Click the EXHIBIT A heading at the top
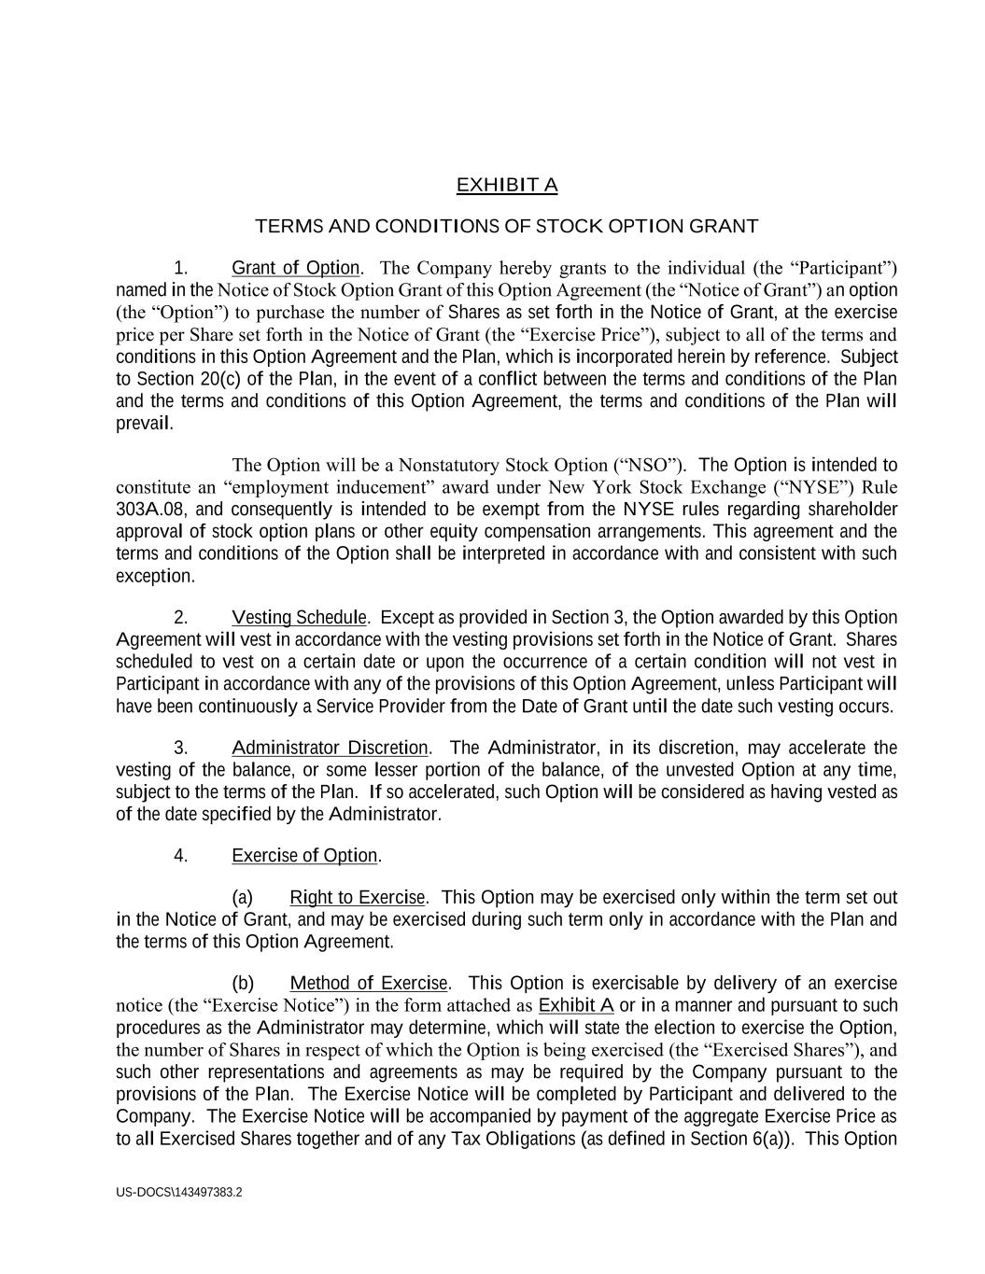point(506,185)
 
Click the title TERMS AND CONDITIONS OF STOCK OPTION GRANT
point(506,226)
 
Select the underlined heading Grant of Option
point(295,269)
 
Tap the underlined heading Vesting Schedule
point(300,618)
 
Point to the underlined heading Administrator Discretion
point(330,748)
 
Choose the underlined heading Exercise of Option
point(304,856)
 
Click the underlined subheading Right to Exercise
point(358,898)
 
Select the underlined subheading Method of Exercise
point(370,983)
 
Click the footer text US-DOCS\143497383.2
point(179,1192)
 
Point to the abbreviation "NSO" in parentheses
point(649,465)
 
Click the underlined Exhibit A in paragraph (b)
point(576,1005)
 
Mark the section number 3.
point(181,748)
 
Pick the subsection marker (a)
point(242,898)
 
